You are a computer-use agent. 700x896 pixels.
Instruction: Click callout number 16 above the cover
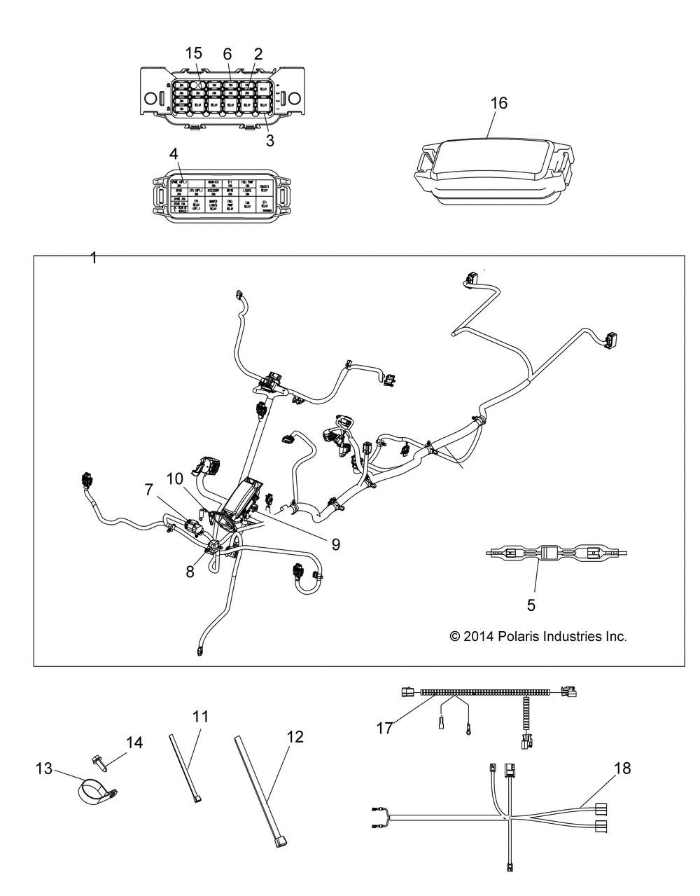[x=498, y=103]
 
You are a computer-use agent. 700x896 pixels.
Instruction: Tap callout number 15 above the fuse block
[x=194, y=53]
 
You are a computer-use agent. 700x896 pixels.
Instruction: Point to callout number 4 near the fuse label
[x=173, y=153]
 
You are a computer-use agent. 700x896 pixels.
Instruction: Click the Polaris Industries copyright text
[x=537, y=637]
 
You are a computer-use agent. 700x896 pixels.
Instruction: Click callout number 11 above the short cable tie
[x=201, y=717]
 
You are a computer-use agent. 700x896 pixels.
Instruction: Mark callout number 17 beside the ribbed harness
[x=384, y=729]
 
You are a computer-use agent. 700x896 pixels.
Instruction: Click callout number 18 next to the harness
[x=622, y=769]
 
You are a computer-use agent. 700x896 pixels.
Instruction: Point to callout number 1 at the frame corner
[x=93, y=258]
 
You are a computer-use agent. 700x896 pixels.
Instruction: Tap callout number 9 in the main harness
[x=335, y=544]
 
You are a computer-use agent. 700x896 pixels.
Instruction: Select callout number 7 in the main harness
[x=148, y=490]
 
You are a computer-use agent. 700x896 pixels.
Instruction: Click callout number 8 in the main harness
[x=190, y=571]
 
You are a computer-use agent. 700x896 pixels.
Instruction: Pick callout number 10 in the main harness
[x=176, y=478]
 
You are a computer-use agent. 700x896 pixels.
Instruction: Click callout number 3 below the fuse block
[x=269, y=140]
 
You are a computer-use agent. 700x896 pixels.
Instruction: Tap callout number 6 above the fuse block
[x=227, y=53]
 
